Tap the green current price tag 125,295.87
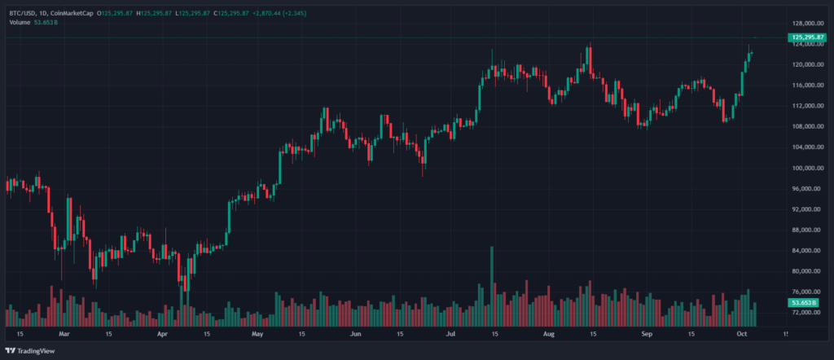(x=806, y=38)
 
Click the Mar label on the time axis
(x=65, y=334)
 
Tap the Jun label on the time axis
(x=354, y=334)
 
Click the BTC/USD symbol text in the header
(x=23, y=13)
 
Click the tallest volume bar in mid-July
(x=491, y=285)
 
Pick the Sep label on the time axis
(x=645, y=334)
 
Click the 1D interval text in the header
(x=42, y=13)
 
